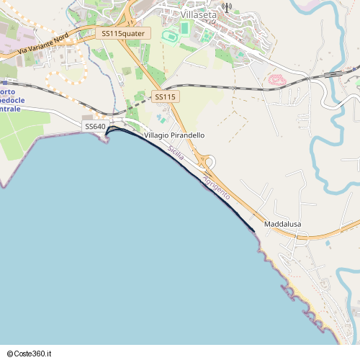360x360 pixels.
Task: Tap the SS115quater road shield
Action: (x=122, y=33)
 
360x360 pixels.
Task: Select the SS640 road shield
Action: (x=95, y=127)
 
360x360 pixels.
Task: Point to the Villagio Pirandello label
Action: (x=174, y=135)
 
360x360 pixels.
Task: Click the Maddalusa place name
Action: (x=282, y=225)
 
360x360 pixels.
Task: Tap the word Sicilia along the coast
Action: (x=175, y=153)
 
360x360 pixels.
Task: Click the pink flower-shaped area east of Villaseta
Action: (x=277, y=79)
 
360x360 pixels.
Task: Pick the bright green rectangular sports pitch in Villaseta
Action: (x=184, y=28)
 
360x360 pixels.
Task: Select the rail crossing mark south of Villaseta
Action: (x=234, y=88)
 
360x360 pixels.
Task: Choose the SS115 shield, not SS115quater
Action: (x=165, y=96)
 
